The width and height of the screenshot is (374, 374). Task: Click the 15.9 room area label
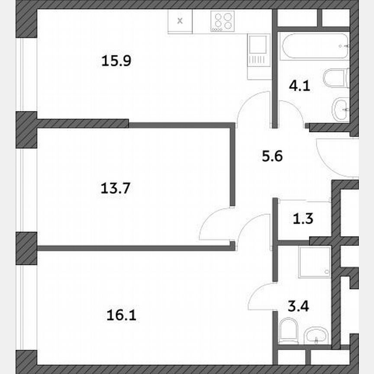116,61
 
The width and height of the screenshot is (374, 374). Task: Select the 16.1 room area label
121,315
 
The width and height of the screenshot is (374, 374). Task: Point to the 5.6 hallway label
272,156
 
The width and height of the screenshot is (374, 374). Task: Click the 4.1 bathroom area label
300,86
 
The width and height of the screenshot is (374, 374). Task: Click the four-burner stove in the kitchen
222,20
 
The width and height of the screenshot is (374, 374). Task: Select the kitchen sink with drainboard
258,56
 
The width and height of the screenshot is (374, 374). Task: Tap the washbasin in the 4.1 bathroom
341,110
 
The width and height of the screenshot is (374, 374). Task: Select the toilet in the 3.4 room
287,331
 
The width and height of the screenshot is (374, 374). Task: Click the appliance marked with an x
181,20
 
